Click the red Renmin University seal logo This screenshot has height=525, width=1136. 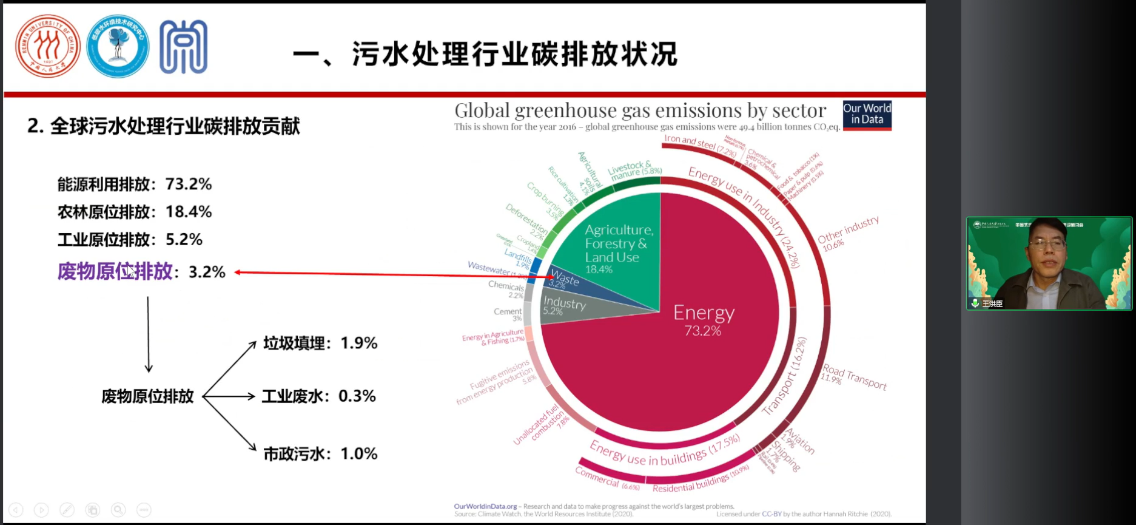pyautogui.click(x=47, y=47)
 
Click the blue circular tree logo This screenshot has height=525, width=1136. pyautogui.click(x=118, y=47)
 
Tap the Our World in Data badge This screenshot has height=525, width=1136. pyautogui.click(x=867, y=114)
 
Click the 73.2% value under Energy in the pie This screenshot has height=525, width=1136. pyautogui.click(x=702, y=331)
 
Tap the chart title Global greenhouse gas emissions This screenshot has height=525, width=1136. pyautogui.click(x=640, y=110)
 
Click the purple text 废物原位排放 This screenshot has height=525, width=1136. pyautogui.click(x=115, y=271)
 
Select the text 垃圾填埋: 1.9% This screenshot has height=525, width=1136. pyautogui.click(x=320, y=344)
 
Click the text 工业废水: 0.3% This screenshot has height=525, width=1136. pyautogui.click(x=318, y=396)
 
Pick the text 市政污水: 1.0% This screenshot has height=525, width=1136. pyautogui.click(x=320, y=454)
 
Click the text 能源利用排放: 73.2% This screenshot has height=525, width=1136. pyautogui.click(x=135, y=184)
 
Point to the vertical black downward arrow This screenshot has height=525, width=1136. pyautogui.click(x=148, y=334)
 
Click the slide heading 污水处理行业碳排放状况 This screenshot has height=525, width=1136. pyautogui.click(x=514, y=55)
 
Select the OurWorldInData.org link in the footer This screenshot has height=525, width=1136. pyautogui.click(x=485, y=506)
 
